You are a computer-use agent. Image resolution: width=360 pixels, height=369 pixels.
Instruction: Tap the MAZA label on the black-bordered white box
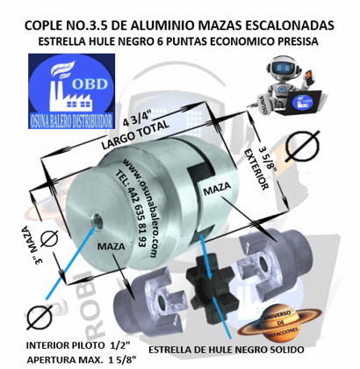click(218, 189)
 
